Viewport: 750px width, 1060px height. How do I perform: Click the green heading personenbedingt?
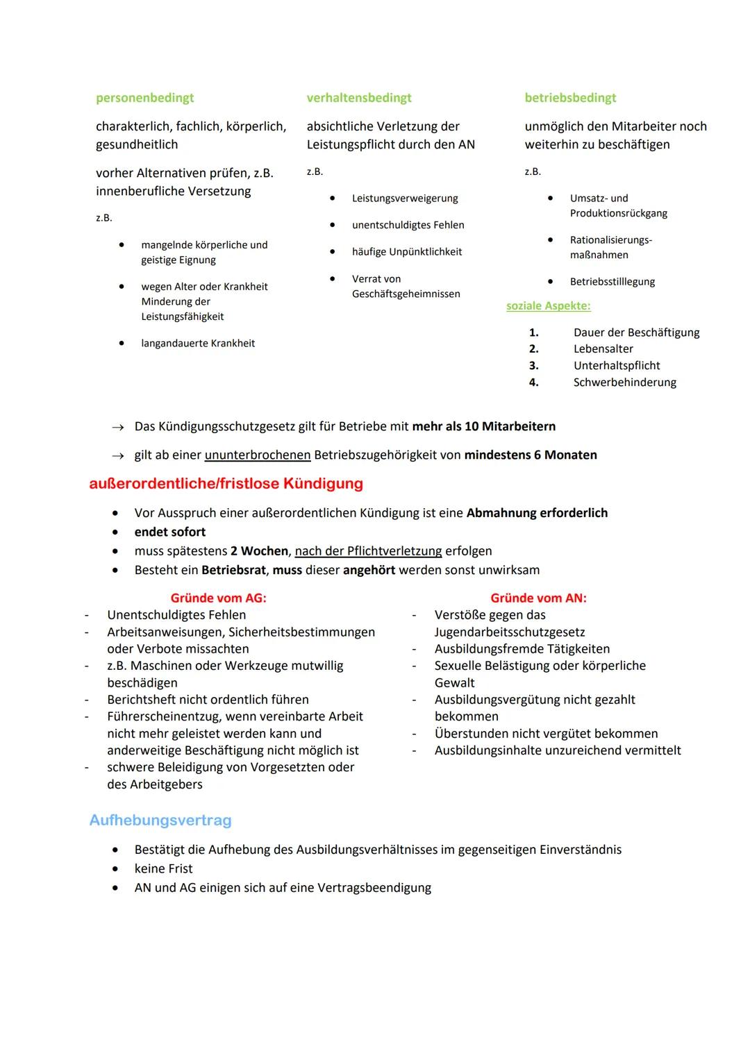[x=144, y=98]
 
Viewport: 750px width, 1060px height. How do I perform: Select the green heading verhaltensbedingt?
[x=359, y=98]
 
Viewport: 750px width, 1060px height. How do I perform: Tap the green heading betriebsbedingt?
[x=570, y=98]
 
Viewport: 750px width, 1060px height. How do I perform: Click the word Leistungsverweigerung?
[x=405, y=199]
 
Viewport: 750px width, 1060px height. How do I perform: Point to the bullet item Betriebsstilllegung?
[x=612, y=282]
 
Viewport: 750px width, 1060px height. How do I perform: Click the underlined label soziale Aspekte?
[x=549, y=306]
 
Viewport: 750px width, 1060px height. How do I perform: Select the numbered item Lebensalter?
[x=603, y=349]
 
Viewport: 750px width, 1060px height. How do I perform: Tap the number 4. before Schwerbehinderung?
[x=533, y=382]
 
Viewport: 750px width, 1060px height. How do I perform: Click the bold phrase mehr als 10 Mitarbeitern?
[x=483, y=426]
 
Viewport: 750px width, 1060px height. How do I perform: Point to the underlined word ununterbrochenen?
[x=258, y=455]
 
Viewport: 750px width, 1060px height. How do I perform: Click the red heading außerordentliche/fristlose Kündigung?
[x=226, y=484]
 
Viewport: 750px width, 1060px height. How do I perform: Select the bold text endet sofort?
[x=170, y=532]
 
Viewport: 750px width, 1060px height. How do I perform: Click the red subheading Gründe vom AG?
[x=218, y=598]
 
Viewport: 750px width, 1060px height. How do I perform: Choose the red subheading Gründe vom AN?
[x=538, y=598]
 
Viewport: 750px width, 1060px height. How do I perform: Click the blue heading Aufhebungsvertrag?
[x=160, y=821]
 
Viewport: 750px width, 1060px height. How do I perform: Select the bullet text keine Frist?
[x=163, y=869]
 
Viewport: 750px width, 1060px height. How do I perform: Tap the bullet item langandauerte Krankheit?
[x=198, y=344]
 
